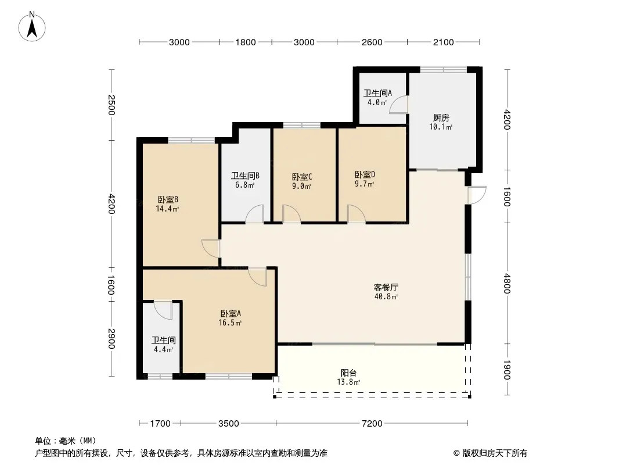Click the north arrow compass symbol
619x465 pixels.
pos(32,27)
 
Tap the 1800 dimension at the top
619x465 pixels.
pos(246,42)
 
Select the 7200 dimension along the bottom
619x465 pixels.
pos(372,424)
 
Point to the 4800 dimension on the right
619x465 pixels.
pos(507,284)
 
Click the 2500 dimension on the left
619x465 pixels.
pos(111,105)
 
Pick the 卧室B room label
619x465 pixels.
pos(168,199)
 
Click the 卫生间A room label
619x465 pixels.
pos(377,93)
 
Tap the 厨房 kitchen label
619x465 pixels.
pos(441,118)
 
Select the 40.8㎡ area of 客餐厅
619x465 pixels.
pos(386,296)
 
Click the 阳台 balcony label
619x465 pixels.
pos(348,373)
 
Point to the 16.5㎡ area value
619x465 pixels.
pos(230,323)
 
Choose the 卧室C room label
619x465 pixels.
pos(302,177)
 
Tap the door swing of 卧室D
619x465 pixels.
pos(356,214)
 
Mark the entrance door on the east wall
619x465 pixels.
pos(477,195)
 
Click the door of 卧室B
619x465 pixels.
pos(211,248)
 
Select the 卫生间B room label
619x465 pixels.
pos(245,176)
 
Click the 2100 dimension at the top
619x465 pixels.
pos(443,42)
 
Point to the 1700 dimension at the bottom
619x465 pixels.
pos(160,424)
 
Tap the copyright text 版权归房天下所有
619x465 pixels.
pos(495,453)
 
